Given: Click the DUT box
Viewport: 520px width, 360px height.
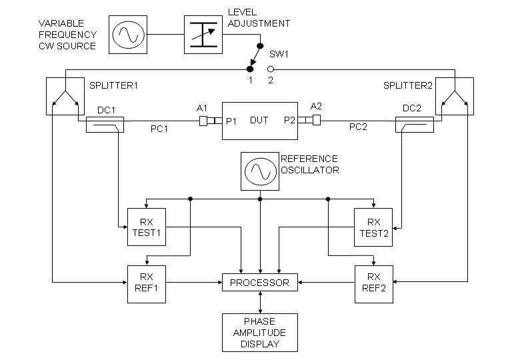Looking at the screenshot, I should point(259,121).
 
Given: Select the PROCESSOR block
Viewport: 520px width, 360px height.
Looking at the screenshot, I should point(259,283).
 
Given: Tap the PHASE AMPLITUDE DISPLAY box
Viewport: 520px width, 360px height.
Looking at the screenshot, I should point(259,333).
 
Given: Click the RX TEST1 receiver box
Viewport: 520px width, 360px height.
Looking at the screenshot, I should point(145,227).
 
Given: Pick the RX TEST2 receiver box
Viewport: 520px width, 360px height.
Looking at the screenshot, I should point(373,227).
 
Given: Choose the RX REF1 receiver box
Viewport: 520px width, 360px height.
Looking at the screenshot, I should point(145,283).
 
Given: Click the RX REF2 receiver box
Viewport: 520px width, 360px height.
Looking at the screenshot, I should point(373,283).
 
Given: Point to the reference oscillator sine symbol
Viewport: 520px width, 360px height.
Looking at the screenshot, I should point(259,171).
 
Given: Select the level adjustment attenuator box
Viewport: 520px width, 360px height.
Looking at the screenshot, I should point(203,35).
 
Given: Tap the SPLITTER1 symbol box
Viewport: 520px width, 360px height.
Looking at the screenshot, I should point(63,96).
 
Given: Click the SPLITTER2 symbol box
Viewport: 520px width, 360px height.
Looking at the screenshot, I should point(455,96).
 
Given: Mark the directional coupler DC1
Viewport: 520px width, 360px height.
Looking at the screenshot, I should point(104,124).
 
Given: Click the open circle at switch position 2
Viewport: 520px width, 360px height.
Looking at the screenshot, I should point(271,69).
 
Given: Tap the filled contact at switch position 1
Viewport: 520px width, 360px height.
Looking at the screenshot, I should point(250,69).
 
